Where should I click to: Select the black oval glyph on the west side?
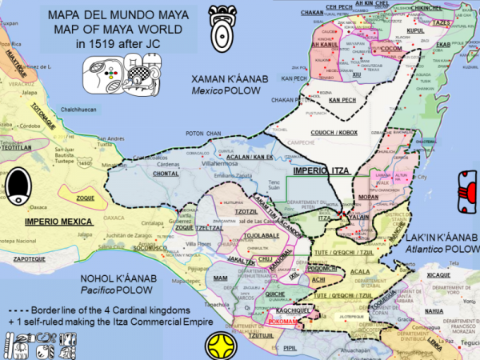(x=17, y=191)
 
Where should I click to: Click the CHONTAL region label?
(x=165, y=172)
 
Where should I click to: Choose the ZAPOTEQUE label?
(x=28, y=260)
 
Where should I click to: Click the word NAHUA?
(x=434, y=311)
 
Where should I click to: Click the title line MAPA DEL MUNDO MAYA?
(x=116, y=14)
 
